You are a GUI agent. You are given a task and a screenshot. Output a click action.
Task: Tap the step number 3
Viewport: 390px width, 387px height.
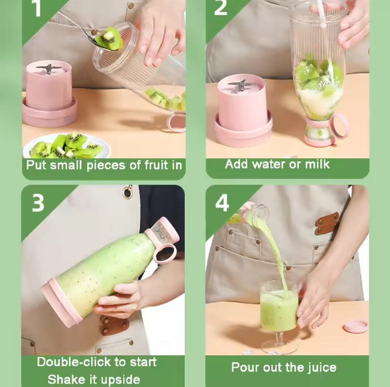[38, 203]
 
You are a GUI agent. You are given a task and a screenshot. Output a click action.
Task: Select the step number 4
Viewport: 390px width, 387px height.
[222, 203]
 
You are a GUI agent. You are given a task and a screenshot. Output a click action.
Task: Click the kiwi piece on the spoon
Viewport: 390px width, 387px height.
[110, 39]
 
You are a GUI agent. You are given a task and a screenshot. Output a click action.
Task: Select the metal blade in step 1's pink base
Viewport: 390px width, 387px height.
[49, 68]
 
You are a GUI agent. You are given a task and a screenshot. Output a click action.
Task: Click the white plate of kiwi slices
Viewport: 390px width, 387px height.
[67, 147]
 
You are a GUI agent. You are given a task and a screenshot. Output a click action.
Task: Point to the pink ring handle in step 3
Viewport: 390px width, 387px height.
[165, 254]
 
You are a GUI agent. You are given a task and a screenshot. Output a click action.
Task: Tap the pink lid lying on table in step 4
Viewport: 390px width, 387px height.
[355, 326]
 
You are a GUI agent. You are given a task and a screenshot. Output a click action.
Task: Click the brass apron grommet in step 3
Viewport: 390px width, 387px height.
[127, 192]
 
